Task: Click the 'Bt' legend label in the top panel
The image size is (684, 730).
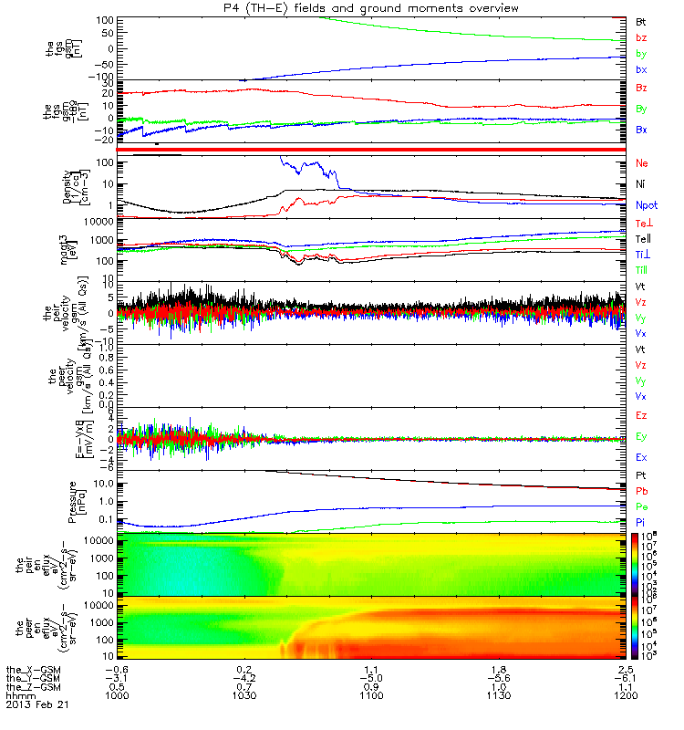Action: pyautogui.click(x=641, y=20)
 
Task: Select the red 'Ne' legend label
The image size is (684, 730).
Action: pyautogui.click(x=642, y=163)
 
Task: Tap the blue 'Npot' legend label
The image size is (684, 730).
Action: pyautogui.click(x=646, y=206)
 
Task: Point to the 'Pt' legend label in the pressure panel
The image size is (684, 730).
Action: pyautogui.click(x=641, y=476)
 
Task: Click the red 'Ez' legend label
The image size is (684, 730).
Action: pyautogui.click(x=641, y=415)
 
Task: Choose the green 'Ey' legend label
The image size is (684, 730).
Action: pyautogui.click(x=641, y=436)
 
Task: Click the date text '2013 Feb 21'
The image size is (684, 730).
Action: pyautogui.click(x=36, y=705)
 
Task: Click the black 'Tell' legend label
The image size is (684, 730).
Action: pyautogui.click(x=643, y=239)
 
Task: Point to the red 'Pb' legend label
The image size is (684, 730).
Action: pyautogui.click(x=641, y=491)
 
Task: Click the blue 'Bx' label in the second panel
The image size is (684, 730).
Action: pyautogui.click(x=642, y=130)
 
